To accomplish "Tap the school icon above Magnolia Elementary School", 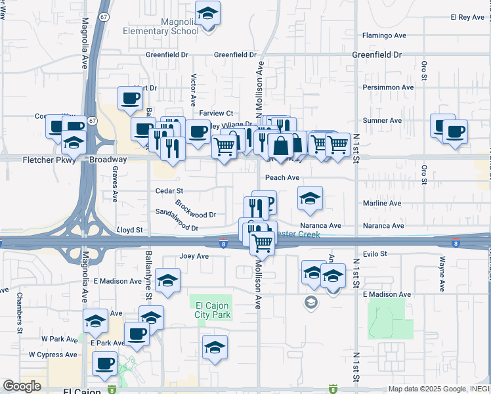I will pos(207,14).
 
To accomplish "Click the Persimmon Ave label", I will pos(389,87).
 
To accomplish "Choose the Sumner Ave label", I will pos(382,121).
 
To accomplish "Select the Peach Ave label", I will pos(282,177).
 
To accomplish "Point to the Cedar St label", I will pos(167,190).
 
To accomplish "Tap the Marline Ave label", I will pos(382,204).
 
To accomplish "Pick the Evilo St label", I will pos(375,253).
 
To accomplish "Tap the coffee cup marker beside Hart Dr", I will pos(129,98).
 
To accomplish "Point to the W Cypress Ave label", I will pos(53,355).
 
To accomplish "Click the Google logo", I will pos(22,386).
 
